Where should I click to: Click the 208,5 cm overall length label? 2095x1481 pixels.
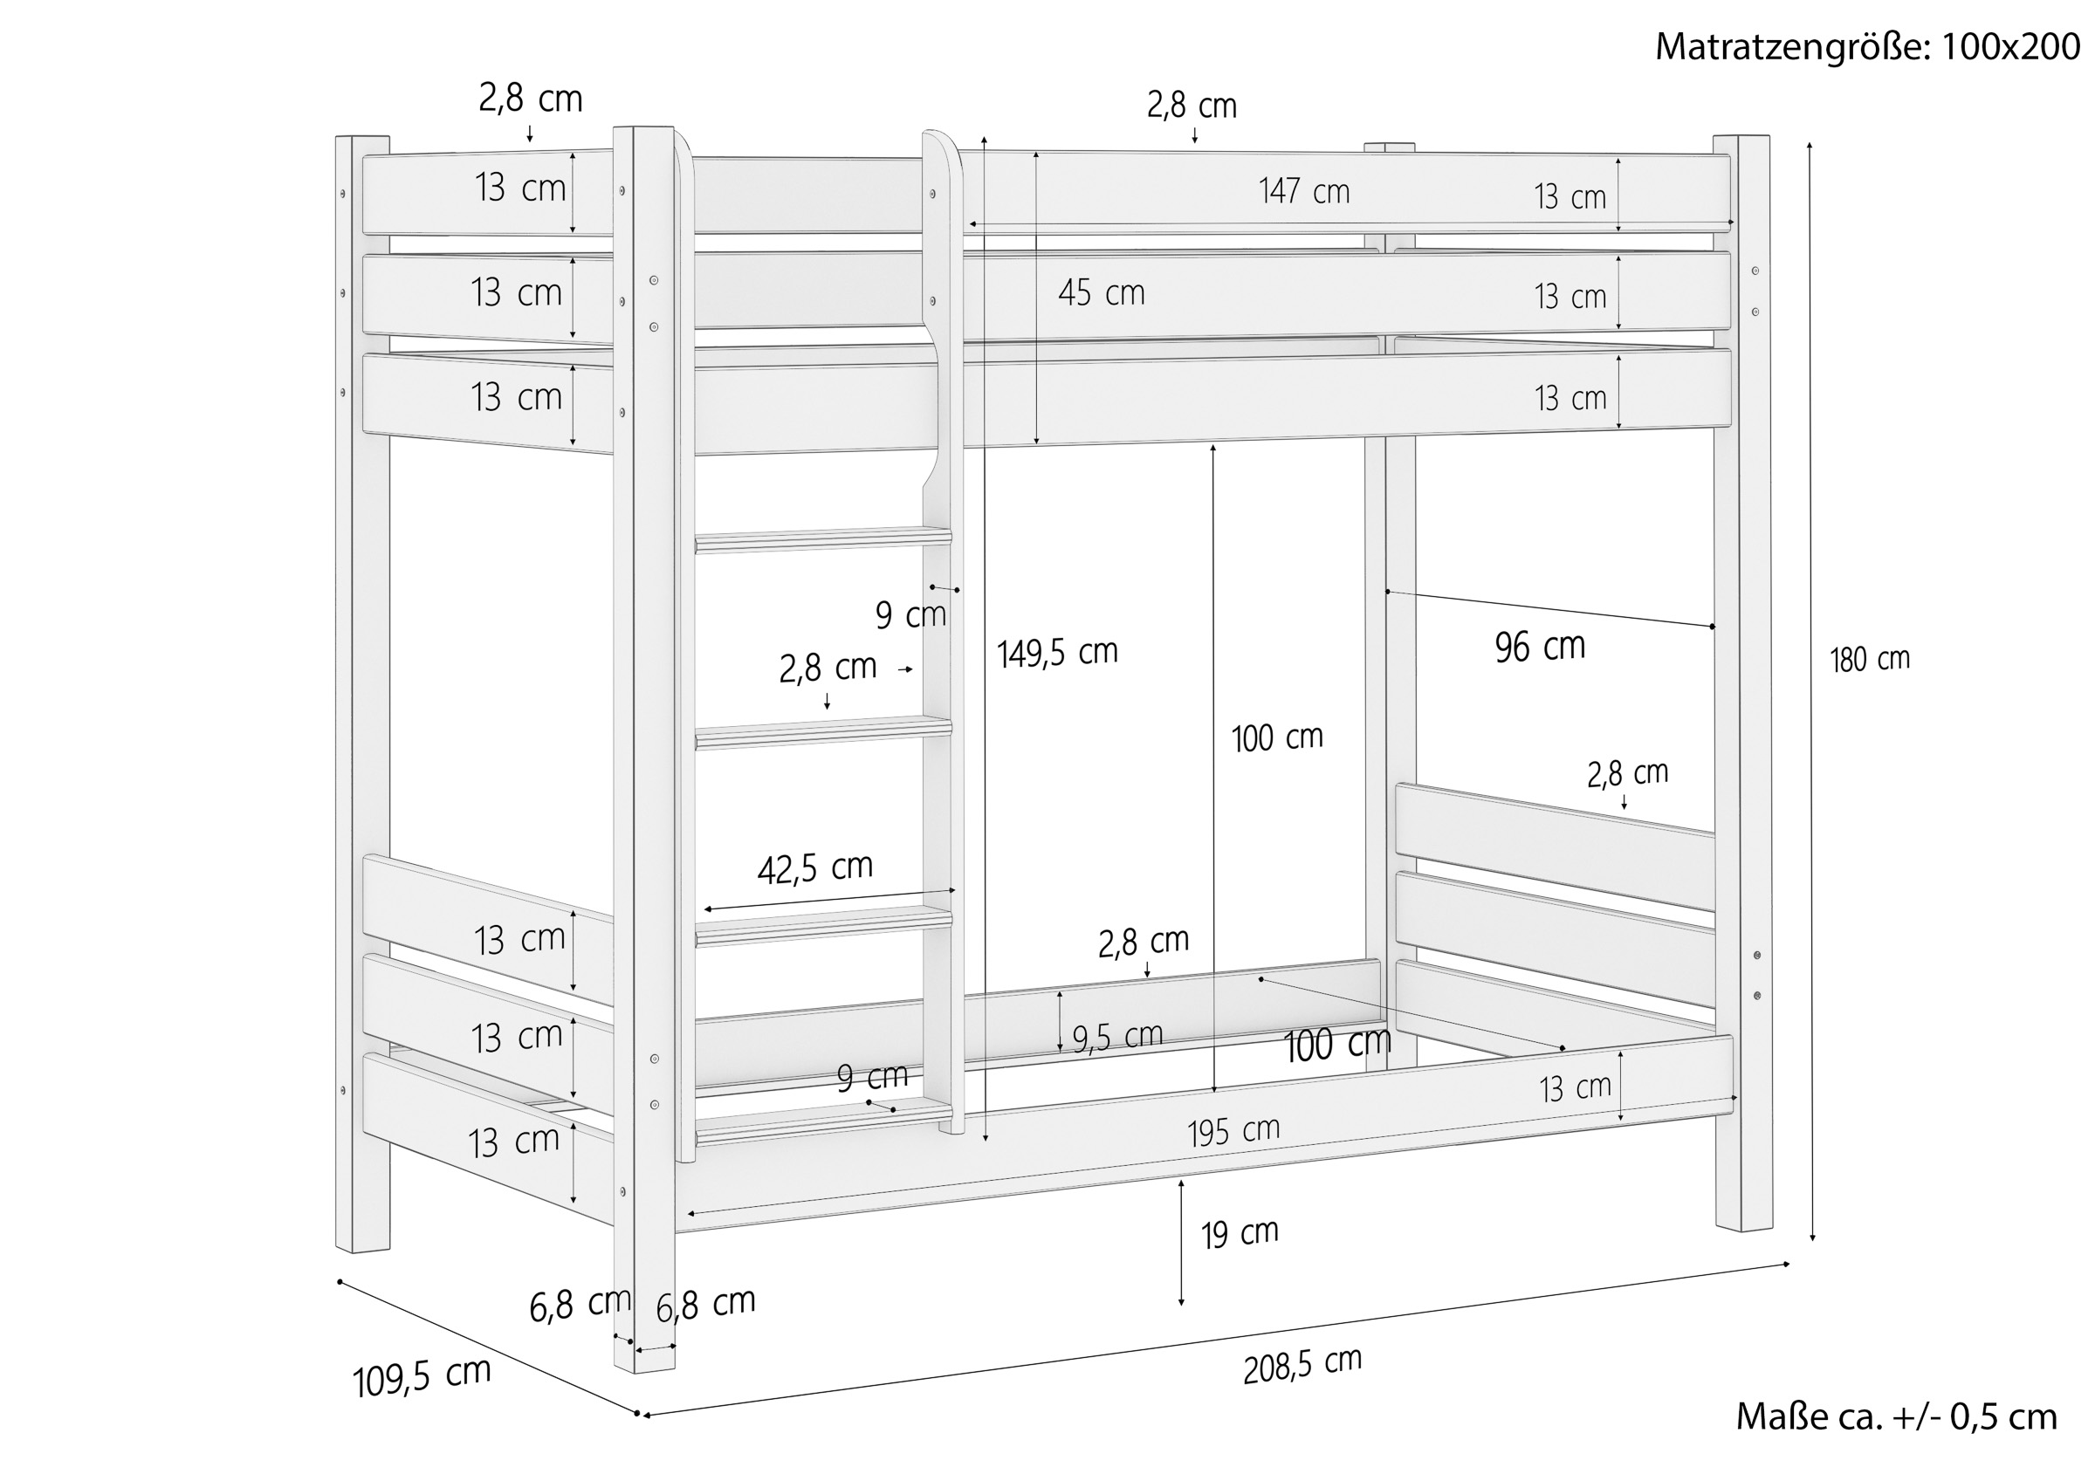[x=1302, y=1365]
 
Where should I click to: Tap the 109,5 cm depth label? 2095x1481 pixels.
[x=422, y=1377]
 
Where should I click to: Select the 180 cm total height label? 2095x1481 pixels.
[x=1870, y=659]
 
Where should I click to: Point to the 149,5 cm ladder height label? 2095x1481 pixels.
[x=1056, y=653]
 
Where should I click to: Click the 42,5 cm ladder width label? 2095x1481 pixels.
[x=814, y=867]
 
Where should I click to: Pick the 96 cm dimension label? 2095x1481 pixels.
[x=1540, y=646]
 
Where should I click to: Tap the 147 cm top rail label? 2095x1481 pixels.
[x=1304, y=191]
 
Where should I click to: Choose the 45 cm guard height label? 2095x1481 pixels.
[x=1102, y=293]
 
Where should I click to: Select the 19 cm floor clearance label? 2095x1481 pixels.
[x=1240, y=1234]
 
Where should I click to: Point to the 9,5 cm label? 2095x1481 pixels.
[x=1117, y=1038]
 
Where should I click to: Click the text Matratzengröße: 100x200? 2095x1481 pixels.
[x=1868, y=46]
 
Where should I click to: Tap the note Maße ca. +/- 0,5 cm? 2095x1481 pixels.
[x=1896, y=1416]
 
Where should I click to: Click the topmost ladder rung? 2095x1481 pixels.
[x=823, y=539]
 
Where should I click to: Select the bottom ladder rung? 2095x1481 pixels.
[x=823, y=1121]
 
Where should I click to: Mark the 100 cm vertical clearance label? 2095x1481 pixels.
[x=1276, y=737]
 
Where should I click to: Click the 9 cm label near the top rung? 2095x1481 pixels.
[x=910, y=615]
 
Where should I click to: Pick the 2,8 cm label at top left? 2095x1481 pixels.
[x=530, y=99]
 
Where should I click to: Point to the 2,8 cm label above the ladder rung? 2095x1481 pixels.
[x=828, y=668]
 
